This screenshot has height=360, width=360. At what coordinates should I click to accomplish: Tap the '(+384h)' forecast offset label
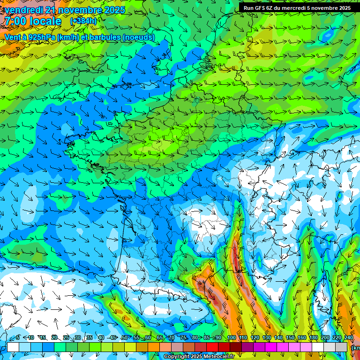tap(83, 21)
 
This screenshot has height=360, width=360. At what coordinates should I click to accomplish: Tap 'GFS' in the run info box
tap(261, 8)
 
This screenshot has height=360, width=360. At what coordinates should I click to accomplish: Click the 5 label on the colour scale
tap(18, 338)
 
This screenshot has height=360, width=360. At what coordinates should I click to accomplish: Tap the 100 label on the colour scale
tap(232, 338)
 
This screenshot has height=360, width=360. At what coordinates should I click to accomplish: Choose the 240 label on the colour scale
tap(348, 338)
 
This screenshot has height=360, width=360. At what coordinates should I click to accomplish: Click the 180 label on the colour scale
tap(312, 338)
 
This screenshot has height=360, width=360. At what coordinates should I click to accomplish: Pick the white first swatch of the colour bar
tap(13, 347)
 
